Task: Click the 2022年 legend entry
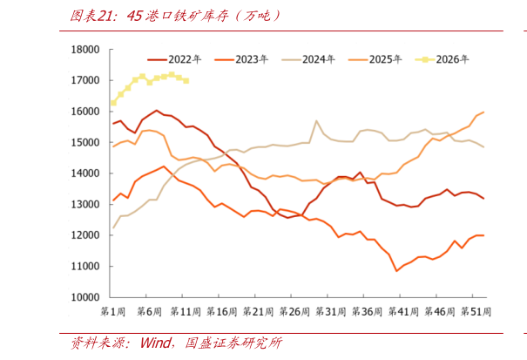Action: pos(174,59)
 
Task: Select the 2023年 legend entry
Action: pos(241,59)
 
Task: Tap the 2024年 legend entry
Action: pos(307,59)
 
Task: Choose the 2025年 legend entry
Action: pos(375,59)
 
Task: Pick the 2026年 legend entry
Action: pos(442,59)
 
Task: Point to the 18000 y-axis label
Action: pos(85,50)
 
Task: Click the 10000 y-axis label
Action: pos(85,297)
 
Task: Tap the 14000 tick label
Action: pos(85,173)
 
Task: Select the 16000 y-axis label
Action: pos(85,112)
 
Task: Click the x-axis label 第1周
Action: pos(112,312)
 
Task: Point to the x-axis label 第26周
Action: pos(294,312)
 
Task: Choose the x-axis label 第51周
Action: pos(476,312)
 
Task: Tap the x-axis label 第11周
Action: pos(186,312)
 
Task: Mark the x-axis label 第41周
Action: pos(403,312)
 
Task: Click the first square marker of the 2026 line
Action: pos(113,103)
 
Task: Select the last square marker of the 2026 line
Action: pos(186,81)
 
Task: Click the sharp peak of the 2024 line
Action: pos(316,120)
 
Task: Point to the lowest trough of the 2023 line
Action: pos(396,271)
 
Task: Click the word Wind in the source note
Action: pos(155,343)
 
